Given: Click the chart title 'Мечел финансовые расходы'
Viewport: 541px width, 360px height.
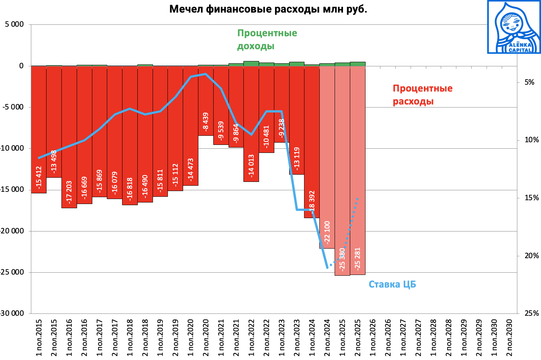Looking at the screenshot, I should (x=268, y=9).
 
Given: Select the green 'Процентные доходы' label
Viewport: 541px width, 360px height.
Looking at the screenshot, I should (x=267, y=39).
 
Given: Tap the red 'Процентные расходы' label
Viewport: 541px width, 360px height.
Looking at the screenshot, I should (x=422, y=95).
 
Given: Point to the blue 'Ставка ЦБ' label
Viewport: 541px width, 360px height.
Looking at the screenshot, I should (x=392, y=284).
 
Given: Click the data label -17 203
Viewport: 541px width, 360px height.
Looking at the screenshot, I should (x=69, y=192).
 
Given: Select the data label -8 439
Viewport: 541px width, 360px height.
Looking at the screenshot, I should (x=206, y=121).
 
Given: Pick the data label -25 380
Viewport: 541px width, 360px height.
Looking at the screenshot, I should (x=342, y=259).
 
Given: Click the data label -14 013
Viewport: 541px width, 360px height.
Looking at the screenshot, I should (x=251, y=166).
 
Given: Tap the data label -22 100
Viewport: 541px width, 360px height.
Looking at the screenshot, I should (x=327, y=232).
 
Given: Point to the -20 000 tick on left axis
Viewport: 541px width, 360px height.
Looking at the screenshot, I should (x=12, y=231).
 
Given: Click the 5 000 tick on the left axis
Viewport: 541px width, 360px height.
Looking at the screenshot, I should (x=14, y=24).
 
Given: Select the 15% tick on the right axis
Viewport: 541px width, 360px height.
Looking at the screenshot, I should (x=531, y=198).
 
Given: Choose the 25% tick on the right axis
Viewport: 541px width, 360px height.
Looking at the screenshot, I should (x=531, y=313).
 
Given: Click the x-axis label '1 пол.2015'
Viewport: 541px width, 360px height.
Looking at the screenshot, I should (x=39, y=338).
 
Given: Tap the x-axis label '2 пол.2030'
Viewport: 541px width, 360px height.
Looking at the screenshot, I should (x=509, y=338).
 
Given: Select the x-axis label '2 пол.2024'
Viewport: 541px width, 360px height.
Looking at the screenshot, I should (x=327, y=338).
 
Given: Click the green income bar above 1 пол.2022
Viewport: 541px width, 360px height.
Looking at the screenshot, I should (x=251, y=63).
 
